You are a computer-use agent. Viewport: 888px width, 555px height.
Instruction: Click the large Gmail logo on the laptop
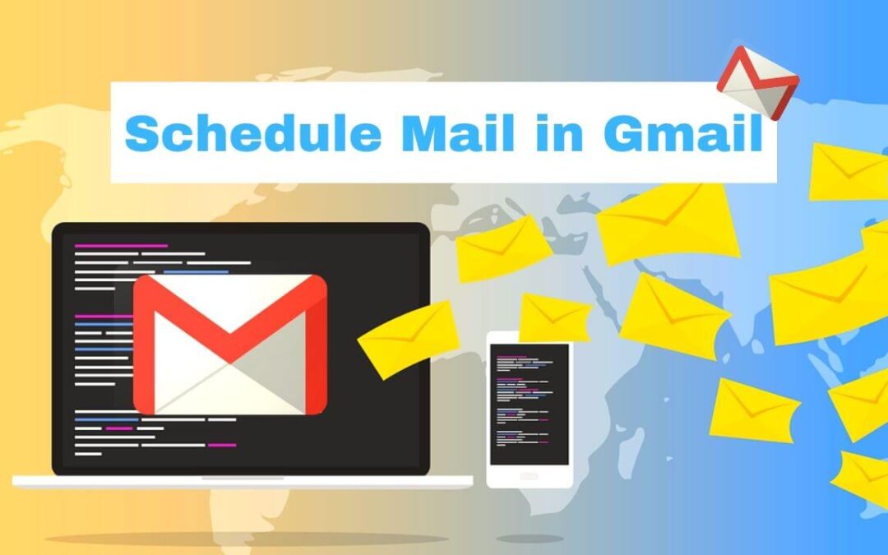229,344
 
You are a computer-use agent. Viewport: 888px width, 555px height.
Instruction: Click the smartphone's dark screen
529,404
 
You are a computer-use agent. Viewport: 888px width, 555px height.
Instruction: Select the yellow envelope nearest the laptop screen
407,337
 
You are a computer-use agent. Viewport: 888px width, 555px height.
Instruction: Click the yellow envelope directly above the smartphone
554,317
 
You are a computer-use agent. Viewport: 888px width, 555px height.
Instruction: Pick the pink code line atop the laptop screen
121,245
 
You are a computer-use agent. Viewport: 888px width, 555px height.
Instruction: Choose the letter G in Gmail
625,133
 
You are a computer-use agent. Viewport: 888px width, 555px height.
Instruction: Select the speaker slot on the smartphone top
529,337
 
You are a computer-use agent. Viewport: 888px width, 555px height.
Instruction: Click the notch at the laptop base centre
243,478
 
